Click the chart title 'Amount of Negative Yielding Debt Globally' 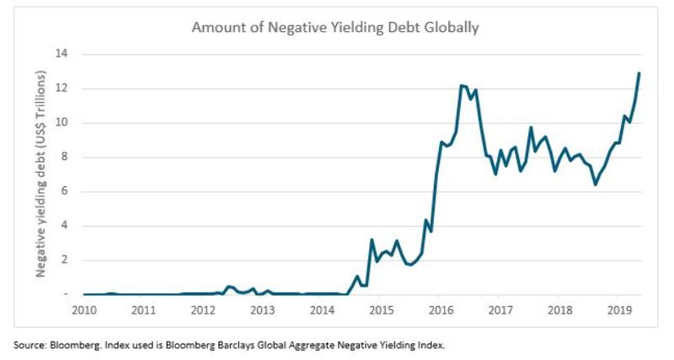pyautogui.click(x=335, y=27)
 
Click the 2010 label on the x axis pyautogui.click(x=84, y=309)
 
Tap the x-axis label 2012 pyautogui.click(x=203, y=309)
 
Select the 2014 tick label pyautogui.click(x=322, y=309)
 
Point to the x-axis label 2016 pyautogui.click(x=441, y=309)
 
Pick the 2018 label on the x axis pyautogui.click(x=559, y=309)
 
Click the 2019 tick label pyautogui.click(x=618, y=309)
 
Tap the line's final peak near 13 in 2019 pyautogui.click(x=639, y=73)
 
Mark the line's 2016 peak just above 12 pyautogui.click(x=462, y=85)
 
